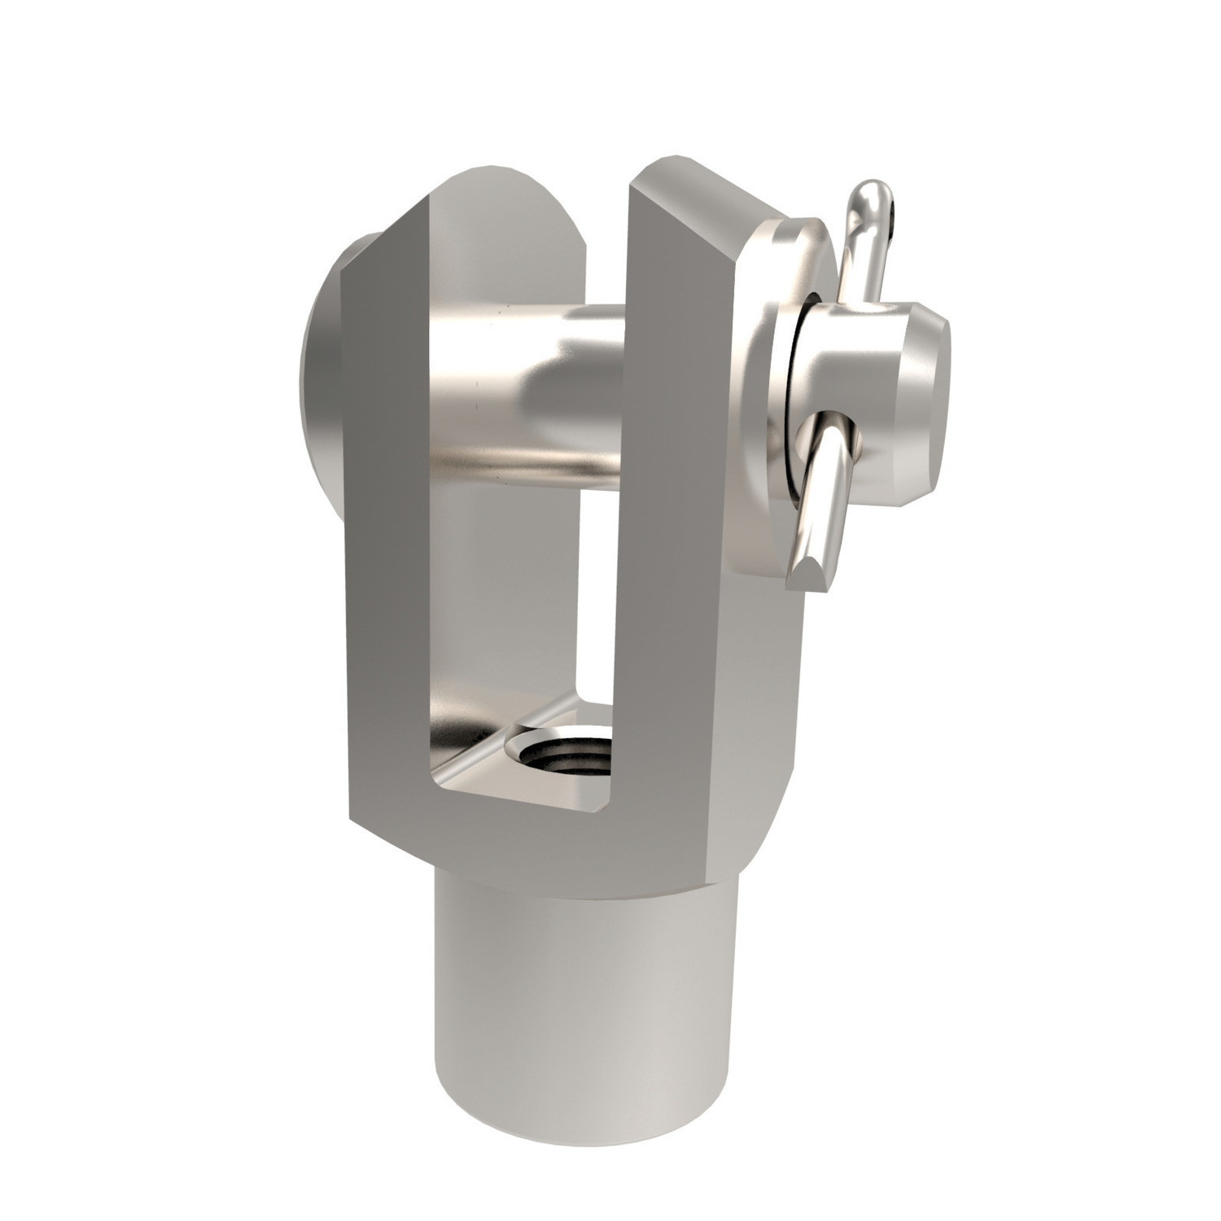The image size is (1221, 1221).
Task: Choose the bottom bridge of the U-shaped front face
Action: tap(521, 830)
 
